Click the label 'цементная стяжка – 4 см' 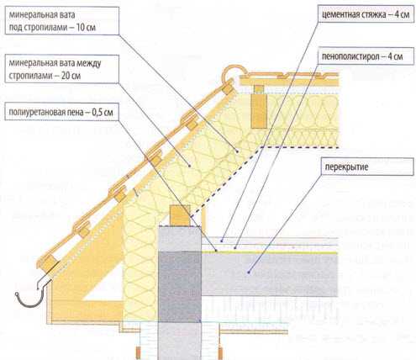pos(366,14)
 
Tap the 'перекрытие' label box pos(367,167)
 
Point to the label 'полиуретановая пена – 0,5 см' pos(61,112)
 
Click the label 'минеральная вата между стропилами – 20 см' pos(61,69)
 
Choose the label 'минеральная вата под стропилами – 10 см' pos(61,21)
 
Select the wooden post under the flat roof pos(259,108)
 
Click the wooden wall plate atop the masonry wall pos(180,215)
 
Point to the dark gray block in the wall pos(180,286)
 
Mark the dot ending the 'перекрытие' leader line pos(248,272)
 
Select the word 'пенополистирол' pos(349,57)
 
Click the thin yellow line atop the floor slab pos(270,252)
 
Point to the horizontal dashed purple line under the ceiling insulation pos(300,146)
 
